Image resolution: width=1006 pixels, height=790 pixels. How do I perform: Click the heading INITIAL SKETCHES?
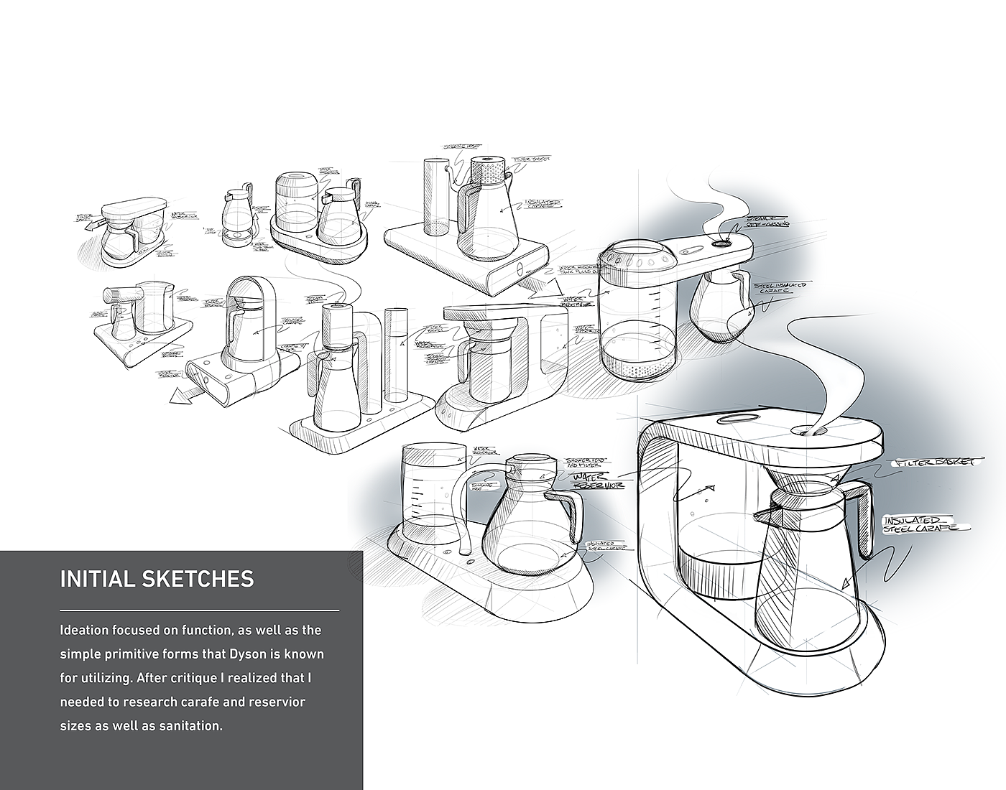point(157,579)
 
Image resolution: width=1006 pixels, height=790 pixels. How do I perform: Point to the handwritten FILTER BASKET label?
point(934,464)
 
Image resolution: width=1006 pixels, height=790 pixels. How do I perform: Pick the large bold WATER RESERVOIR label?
point(596,480)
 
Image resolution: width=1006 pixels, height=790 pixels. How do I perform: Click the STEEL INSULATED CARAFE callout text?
point(780,289)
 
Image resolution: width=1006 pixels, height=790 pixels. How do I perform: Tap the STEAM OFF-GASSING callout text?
point(767,222)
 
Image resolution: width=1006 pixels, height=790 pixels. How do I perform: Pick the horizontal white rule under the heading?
point(199,610)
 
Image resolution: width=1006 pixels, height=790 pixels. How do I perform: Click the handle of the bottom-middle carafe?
point(567,513)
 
